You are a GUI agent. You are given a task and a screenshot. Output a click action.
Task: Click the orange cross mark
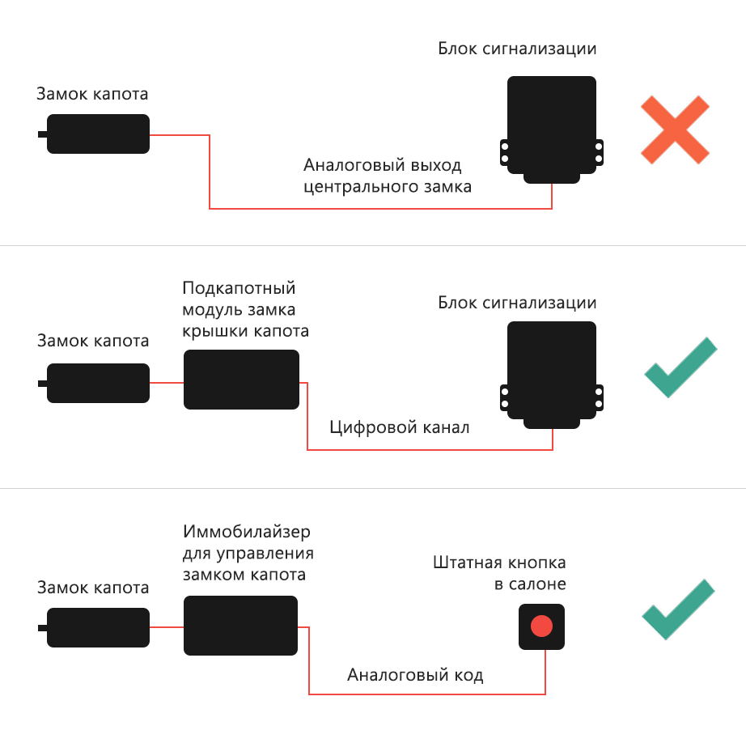pos(675,130)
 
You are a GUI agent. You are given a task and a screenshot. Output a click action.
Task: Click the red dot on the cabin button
pos(541,626)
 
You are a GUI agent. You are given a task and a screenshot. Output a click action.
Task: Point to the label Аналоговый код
pos(415,675)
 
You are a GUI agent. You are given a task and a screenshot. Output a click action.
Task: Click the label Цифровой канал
pos(400,427)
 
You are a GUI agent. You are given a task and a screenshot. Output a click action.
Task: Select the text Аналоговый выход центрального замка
pos(388,176)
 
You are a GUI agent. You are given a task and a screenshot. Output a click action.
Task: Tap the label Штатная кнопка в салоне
pos(499,573)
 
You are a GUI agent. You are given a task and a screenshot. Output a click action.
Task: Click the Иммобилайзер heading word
pos(247,531)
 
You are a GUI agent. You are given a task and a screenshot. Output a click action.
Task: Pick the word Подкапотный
pos(239,288)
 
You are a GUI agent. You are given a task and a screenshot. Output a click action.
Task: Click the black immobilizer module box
pos(241,626)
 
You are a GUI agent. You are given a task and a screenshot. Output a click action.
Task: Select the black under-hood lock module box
pos(242,380)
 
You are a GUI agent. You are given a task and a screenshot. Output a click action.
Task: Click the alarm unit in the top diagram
pos(552,129)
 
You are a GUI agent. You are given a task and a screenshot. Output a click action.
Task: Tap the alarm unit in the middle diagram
pos(552,375)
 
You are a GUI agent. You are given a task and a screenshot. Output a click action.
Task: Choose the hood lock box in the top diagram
pos(94,134)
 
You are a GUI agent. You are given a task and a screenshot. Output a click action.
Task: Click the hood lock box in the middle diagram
pos(94,383)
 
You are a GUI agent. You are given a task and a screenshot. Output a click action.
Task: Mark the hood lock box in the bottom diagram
pos(94,627)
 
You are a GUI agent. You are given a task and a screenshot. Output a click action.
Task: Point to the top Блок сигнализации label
pos(517,49)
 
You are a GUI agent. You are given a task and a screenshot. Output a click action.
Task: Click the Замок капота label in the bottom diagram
pos(93,588)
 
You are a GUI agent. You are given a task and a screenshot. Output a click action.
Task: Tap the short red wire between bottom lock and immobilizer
pos(167,627)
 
